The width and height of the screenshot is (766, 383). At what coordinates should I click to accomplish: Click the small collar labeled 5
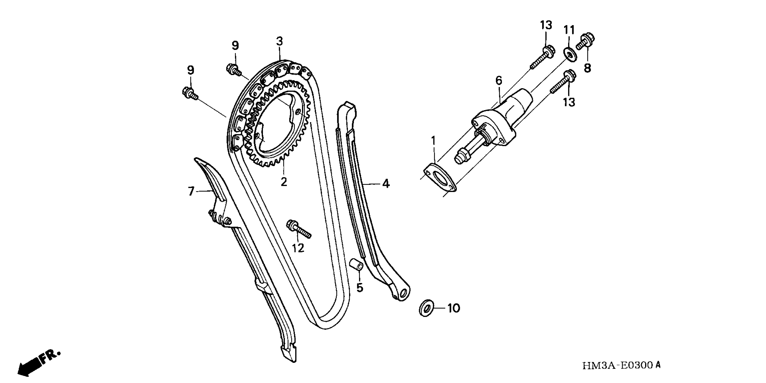356,264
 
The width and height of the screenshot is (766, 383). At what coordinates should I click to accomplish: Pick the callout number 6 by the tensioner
499,80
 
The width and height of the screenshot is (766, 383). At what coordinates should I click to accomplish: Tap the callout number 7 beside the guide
191,191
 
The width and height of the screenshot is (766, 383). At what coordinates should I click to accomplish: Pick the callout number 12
298,248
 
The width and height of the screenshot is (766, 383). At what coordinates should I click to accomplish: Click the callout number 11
569,30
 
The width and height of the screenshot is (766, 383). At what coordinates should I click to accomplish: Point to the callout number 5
360,288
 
